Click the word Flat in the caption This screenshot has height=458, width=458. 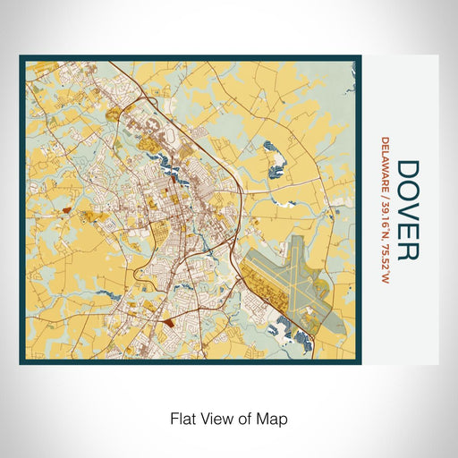point(181,418)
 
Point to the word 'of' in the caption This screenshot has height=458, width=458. point(247,418)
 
